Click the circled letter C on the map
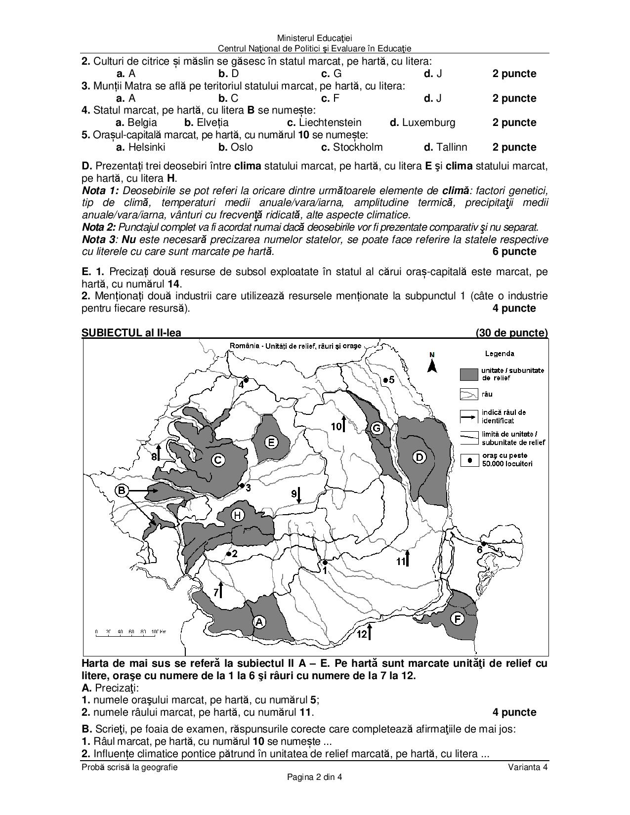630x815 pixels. pos(217,460)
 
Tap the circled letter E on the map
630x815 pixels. pos(271,442)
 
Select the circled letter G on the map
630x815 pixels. pos(377,428)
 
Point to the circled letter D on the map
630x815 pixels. pos(420,457)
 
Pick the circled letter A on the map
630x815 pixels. pos(259,622)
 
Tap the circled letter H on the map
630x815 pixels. pos(238,516)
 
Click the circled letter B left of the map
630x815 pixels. pos(122,490)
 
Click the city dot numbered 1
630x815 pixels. pos(325,562)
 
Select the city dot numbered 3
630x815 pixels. pos(242,486)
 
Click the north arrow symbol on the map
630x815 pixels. pos(432,364)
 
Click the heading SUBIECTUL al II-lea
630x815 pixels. pos(131,333)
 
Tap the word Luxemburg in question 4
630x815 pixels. pos(428,122)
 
